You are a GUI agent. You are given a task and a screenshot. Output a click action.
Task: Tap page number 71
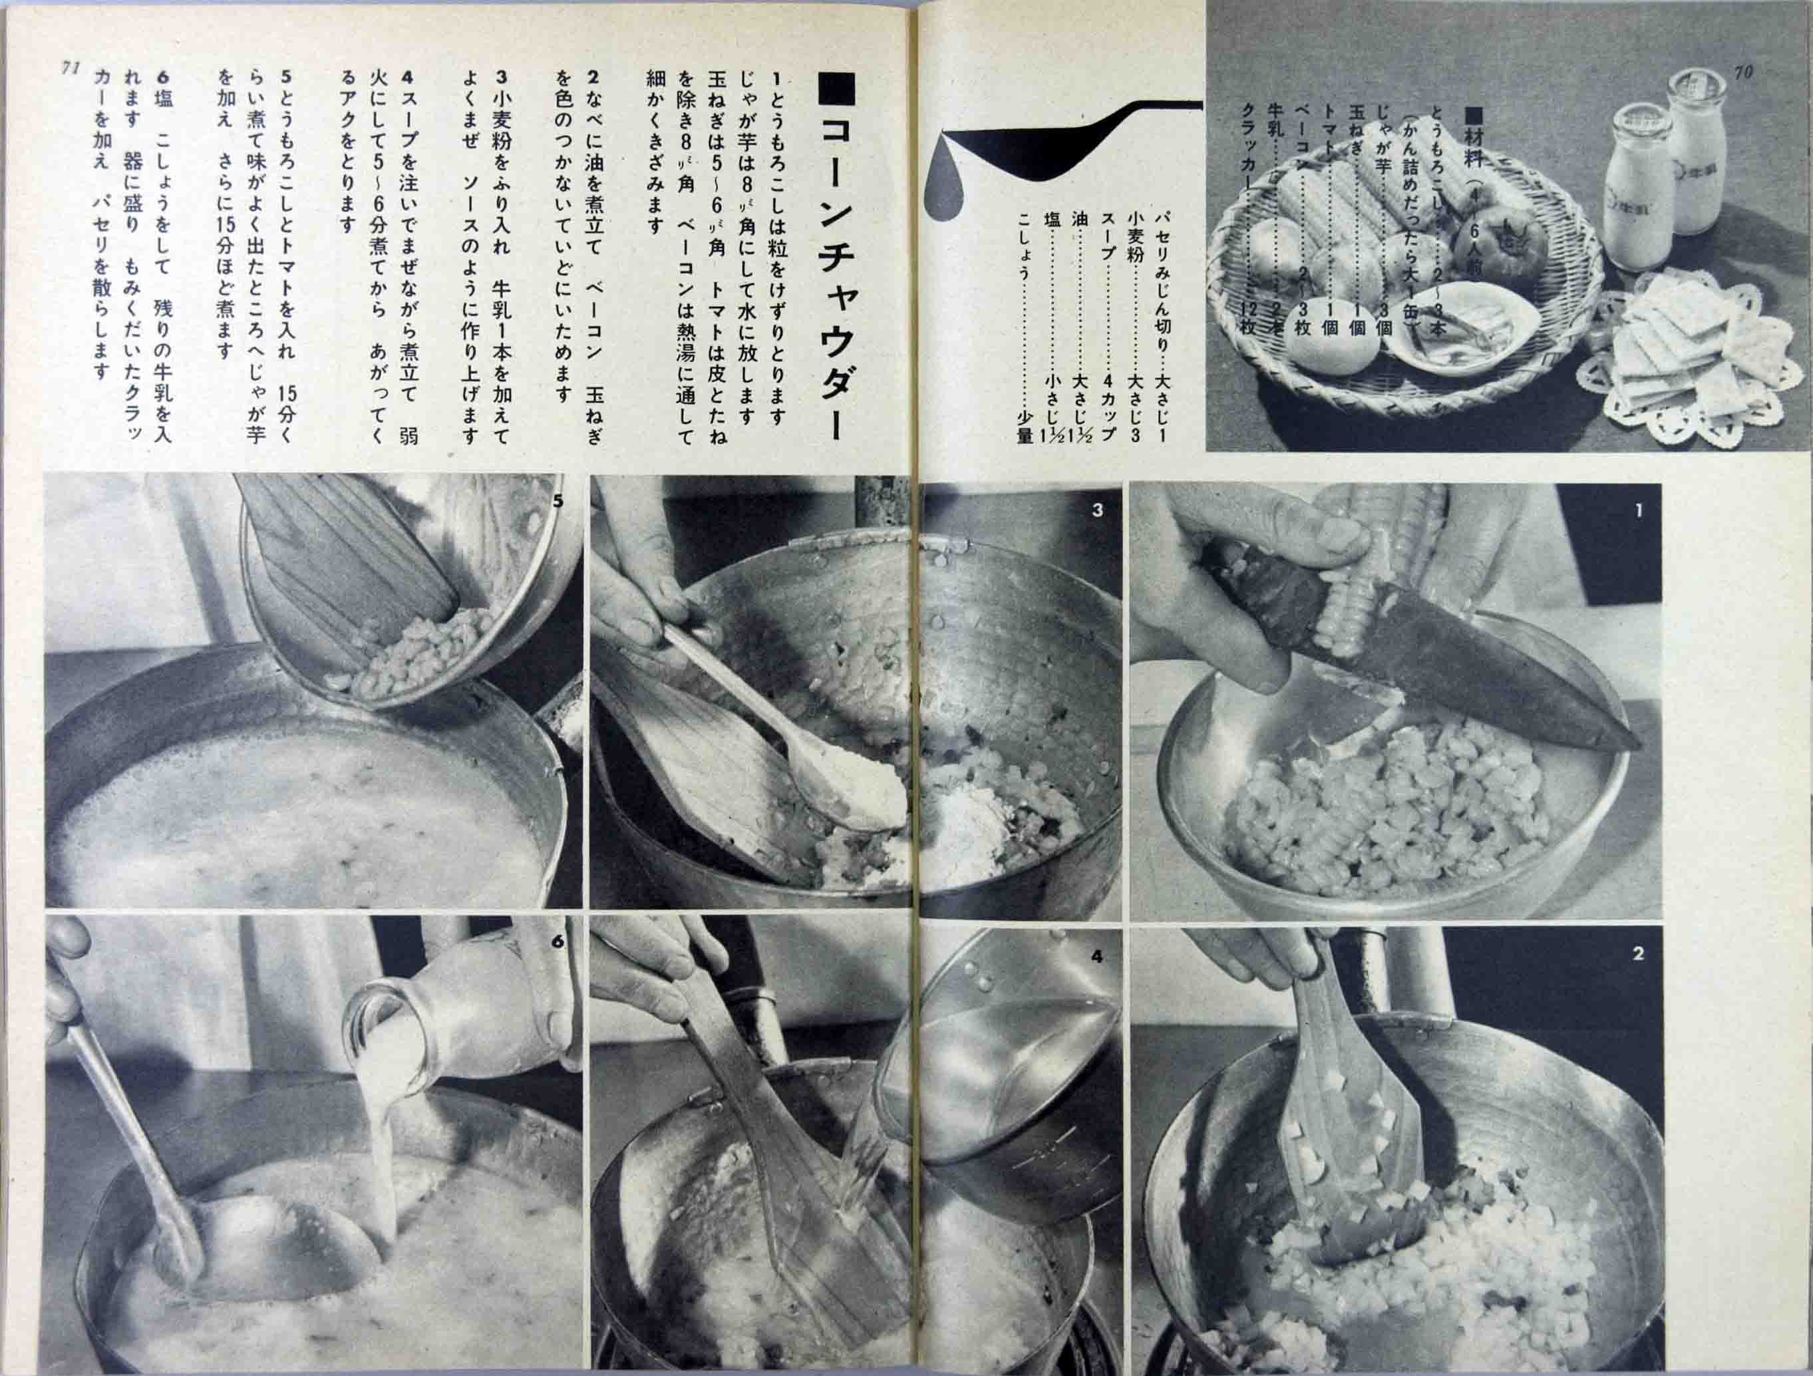coord(71,69)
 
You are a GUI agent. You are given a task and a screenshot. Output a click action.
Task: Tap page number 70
coord(1743,73)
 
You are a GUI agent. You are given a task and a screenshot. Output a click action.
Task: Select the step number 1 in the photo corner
coord(1639,510)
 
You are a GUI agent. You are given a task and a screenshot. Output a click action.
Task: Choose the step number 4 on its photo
coord(1096,956)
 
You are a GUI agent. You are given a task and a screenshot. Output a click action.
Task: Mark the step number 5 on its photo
coord(558,502)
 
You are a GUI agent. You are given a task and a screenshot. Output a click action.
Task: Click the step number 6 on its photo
coord(558,942)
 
